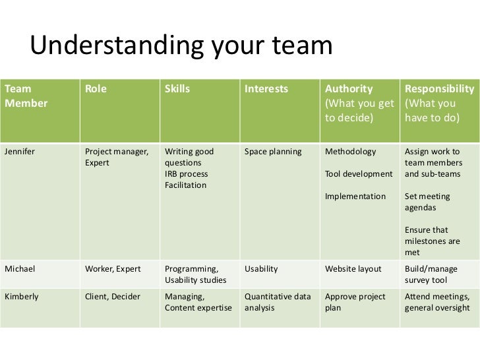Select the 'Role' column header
tap(96, 89)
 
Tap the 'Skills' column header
tap(175, 89)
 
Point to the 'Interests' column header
tap(266, 89)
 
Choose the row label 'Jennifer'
tap(20, 151)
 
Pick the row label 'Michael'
tap(20, 269)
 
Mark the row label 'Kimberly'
tap(22, 296)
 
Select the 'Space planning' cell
tap(273, 151)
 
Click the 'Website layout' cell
tap(353, 269)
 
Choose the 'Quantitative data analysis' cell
tap(278, 301)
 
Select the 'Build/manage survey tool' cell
tap(433, 274)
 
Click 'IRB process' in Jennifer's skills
tap(186, 174)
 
